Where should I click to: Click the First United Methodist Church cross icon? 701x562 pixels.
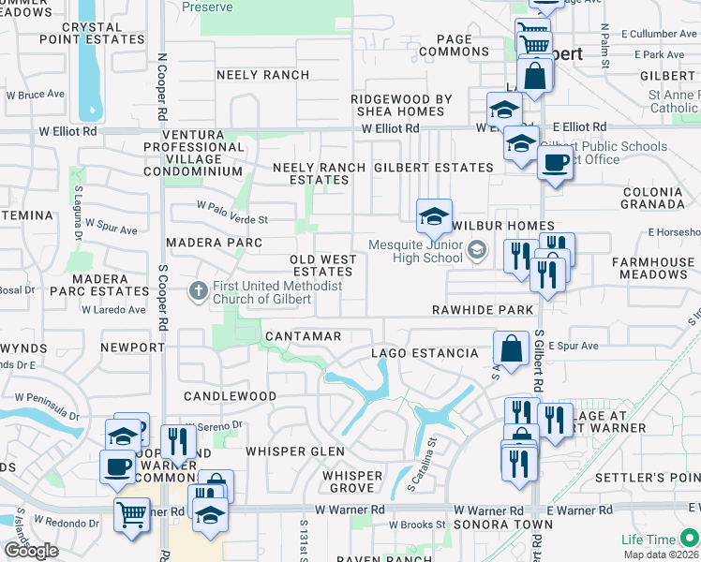(x=198, y=291)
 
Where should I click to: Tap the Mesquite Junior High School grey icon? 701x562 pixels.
(x=477, y=249)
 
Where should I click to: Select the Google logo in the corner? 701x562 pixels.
(x=31, y=551)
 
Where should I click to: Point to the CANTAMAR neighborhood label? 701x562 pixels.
(x=303, y=335)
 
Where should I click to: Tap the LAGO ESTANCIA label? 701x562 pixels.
(x=424, y=353)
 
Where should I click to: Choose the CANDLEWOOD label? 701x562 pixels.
(x=230, y=396)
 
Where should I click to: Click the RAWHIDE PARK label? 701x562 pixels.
(x=483, y=309)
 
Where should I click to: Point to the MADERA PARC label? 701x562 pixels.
(x=207, y=243)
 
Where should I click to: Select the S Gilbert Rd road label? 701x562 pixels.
(x=539, y=361)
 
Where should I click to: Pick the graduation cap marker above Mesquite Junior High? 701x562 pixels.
(x=434, y=216)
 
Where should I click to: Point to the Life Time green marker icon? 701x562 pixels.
(x=689, y=538)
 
